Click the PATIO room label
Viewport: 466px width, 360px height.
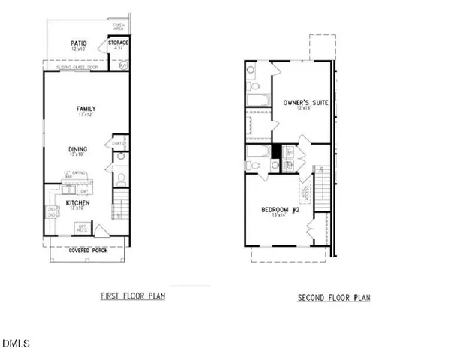click(x=79, y=44)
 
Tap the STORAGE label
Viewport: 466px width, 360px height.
click(x=119, y=43)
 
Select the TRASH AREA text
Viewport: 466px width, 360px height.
click(x=119, y=27)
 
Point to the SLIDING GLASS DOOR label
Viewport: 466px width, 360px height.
click(x=78, y=67)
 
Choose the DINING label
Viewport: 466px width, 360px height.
click(x=78, y=148)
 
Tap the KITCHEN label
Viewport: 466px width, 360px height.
click(x=78, y=203)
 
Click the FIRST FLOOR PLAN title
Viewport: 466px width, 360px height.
click(x=133, y=295)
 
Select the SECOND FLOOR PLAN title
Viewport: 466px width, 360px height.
click(x=334, y=298)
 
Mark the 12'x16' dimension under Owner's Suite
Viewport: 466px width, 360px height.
click(x=304, y=109)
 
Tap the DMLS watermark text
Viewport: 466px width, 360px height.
click(x=16, y=343)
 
